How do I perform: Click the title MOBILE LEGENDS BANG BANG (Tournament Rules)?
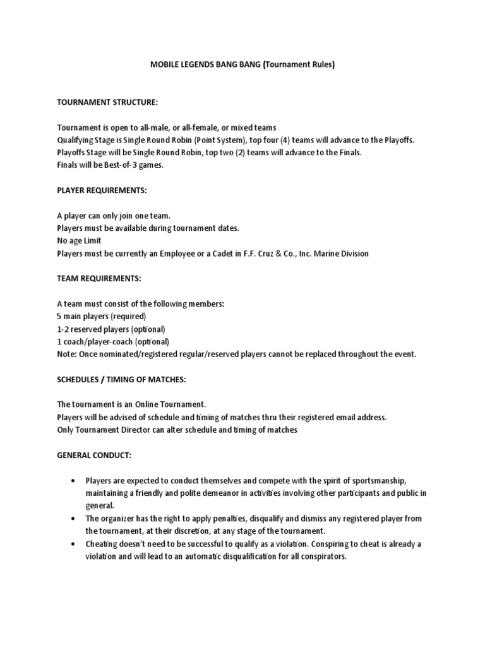point(242,64)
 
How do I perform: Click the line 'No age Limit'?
point(79,240)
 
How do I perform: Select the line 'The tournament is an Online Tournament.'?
point(131,404)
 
